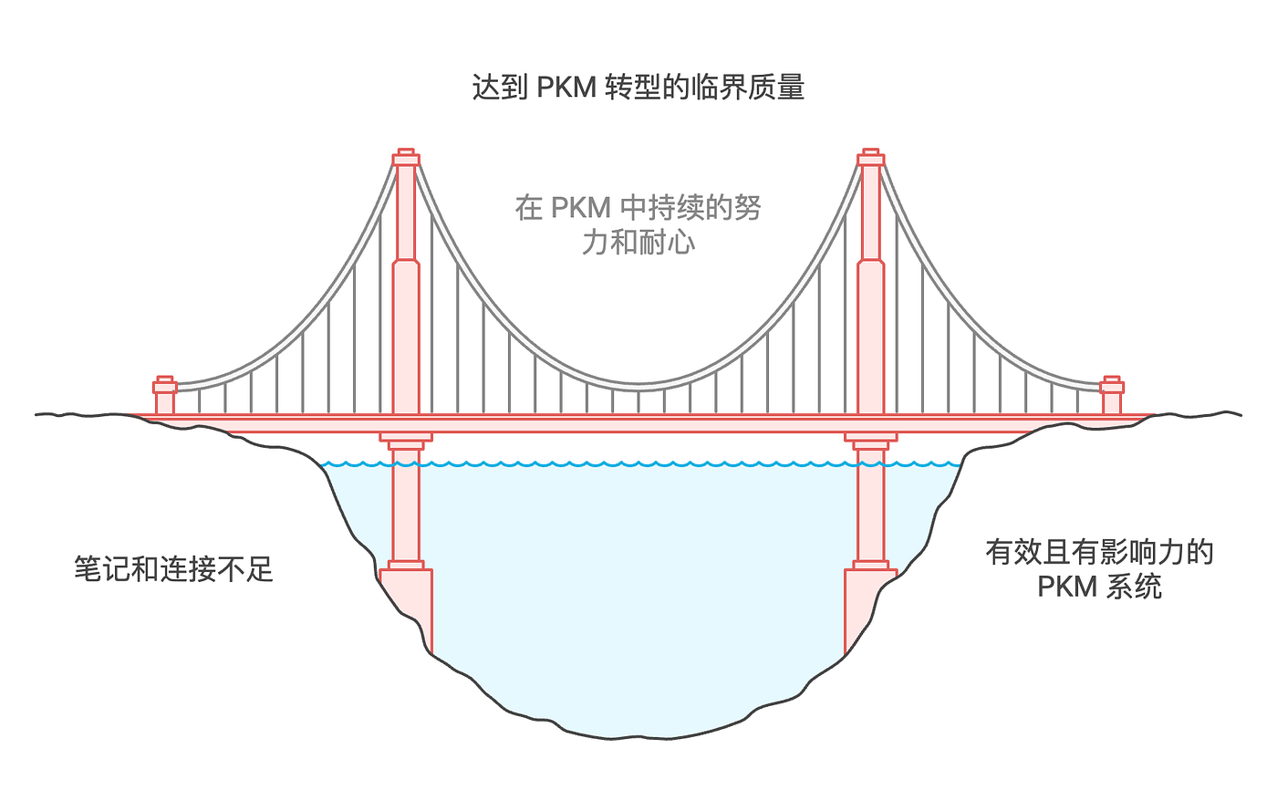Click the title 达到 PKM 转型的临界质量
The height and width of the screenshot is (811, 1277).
tap(638, 88)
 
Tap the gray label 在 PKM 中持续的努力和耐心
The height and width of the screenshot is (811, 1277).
tap(638, 224)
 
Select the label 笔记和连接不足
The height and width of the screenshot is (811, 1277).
tap(173, 569)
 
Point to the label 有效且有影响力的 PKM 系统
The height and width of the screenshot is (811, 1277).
tap(1099, 568)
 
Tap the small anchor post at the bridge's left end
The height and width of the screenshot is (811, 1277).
tap(165, 394)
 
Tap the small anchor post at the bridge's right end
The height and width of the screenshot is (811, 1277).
tap(1111, 394)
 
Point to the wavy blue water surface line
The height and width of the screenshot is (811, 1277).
tap(638, 464)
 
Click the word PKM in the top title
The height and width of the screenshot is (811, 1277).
tap(566, 88)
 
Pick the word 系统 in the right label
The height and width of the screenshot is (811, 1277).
tap(1134, 586)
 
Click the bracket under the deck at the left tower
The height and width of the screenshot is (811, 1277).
tap(406, 442)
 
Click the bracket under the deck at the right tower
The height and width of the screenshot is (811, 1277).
tap(870, 442)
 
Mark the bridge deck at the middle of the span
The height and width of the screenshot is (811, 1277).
tap(638, 423)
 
